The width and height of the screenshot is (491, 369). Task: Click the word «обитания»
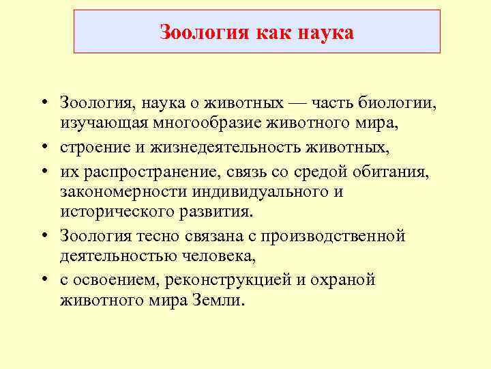tap(396, 170)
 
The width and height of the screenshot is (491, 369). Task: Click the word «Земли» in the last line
tap(218, 302)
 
